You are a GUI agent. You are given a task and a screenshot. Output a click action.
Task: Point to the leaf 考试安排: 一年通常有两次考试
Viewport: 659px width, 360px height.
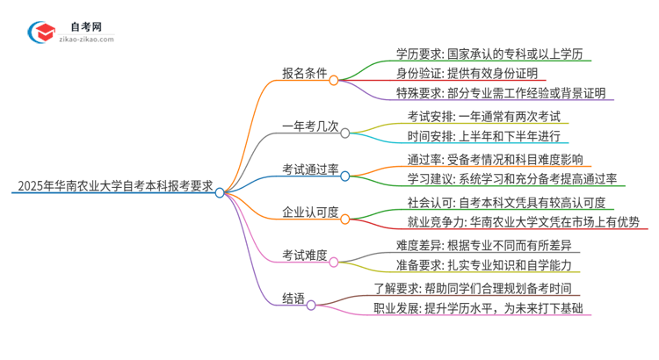[483, 117]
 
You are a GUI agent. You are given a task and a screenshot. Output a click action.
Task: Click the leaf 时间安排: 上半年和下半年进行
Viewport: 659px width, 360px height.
[482, 136]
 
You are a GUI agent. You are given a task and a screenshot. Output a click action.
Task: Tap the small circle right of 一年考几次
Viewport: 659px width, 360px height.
[345, 133]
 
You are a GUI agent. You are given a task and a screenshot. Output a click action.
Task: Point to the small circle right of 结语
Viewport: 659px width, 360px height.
[311, 306]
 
